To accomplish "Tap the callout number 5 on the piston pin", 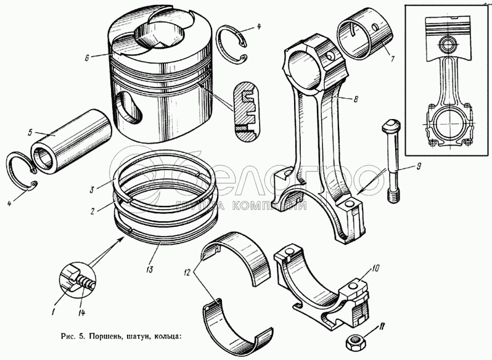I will pyautogui.click(x=28, y=133).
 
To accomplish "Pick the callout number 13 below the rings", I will pyautogui.click(x=149, y=269).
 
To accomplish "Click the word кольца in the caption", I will pyautogui.click(x=166, y=337).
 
